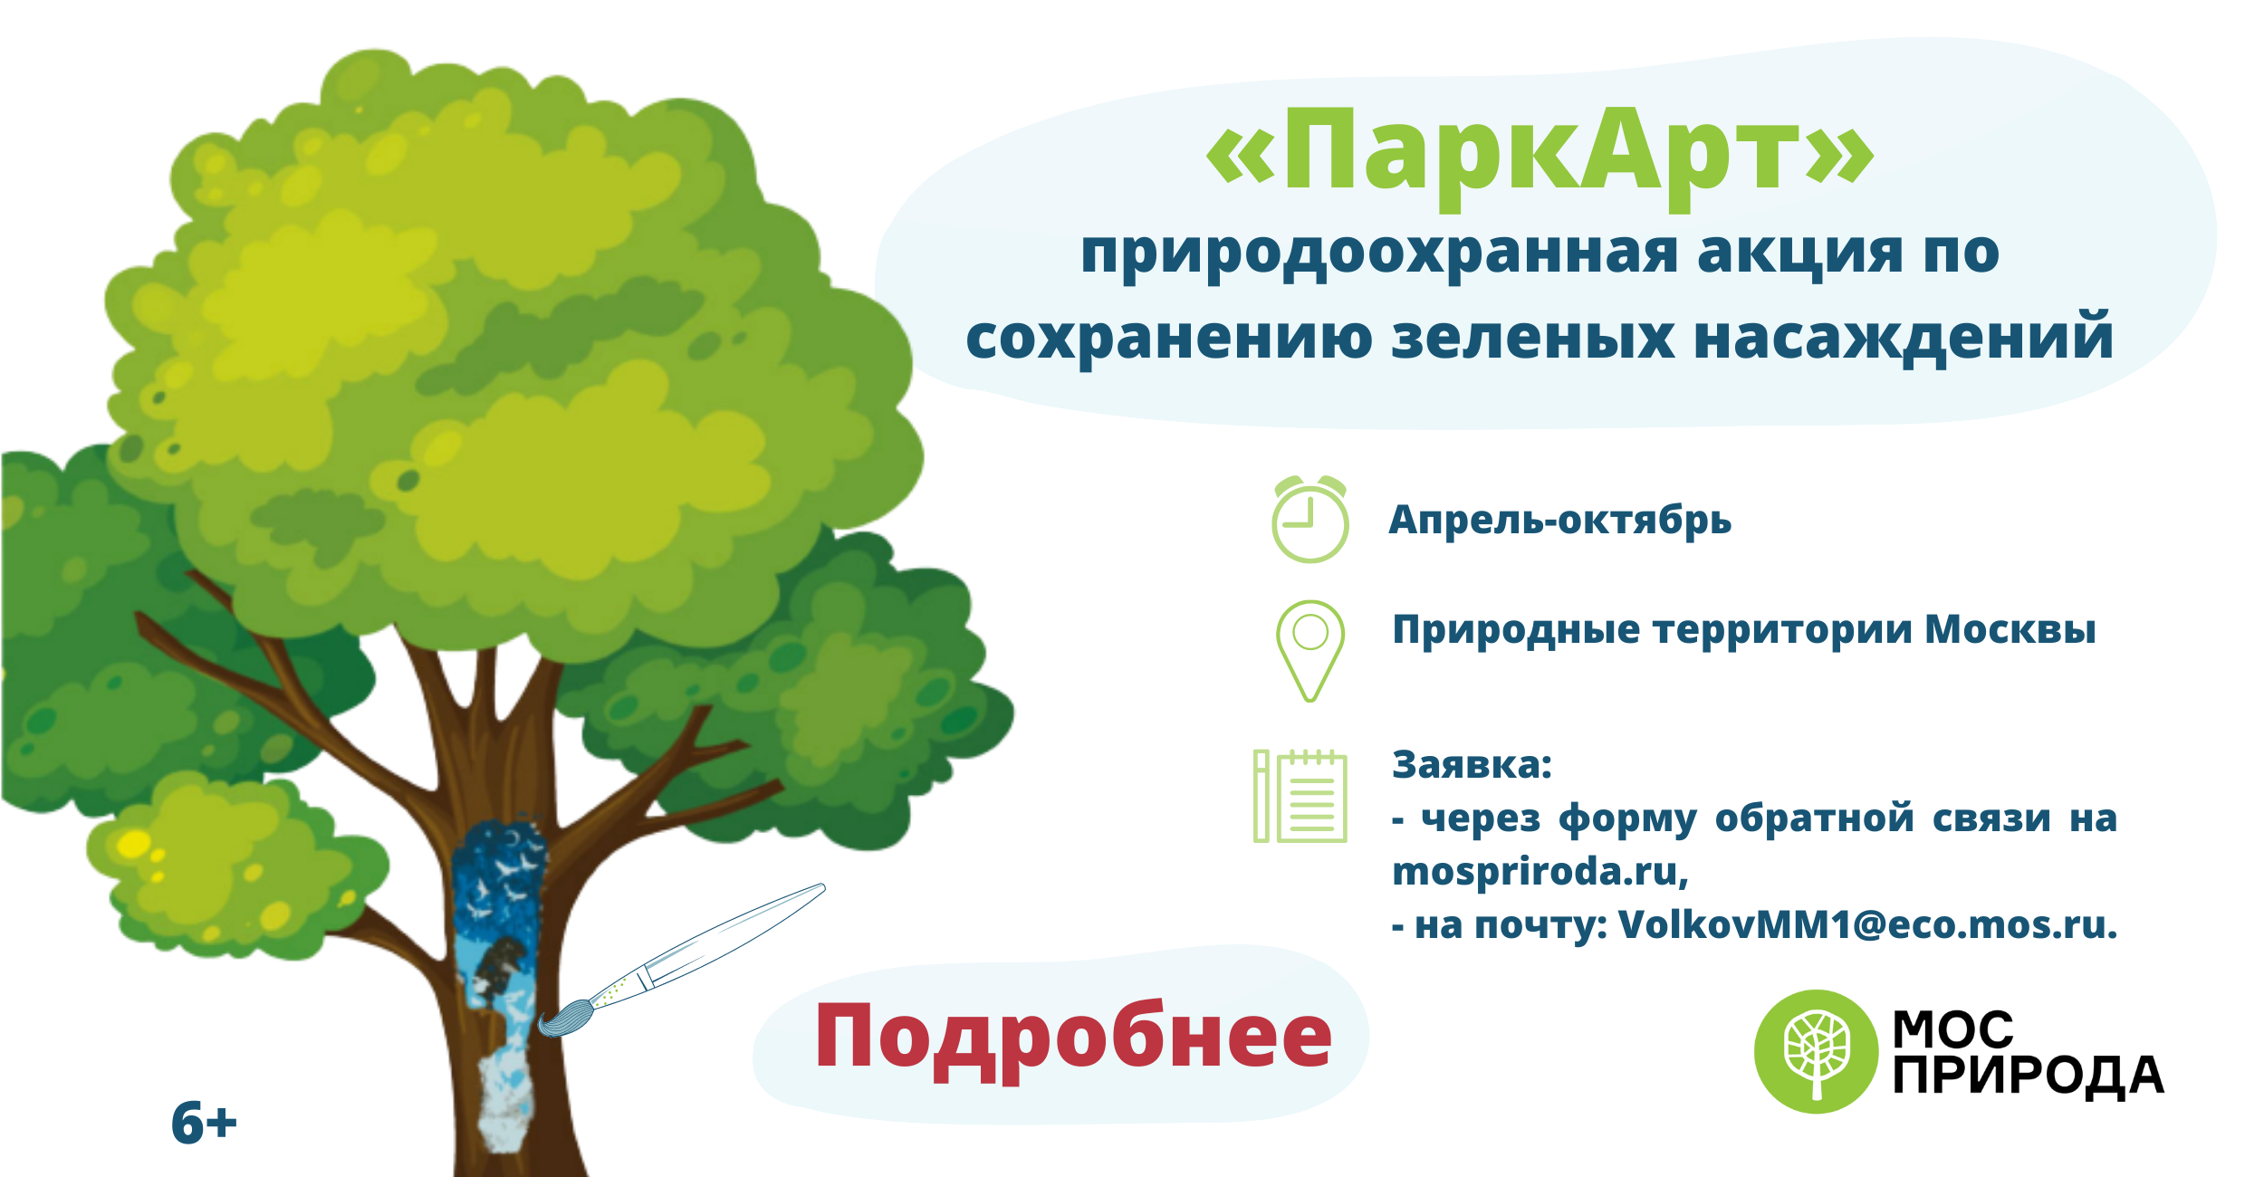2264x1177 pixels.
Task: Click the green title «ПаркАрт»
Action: pyautogui.click(x=1540, y=154)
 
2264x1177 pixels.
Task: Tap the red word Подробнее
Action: pyautogui.click(x=1074, y=1039)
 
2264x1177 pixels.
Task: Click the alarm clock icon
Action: pyautogui.click(x=1309, y=519)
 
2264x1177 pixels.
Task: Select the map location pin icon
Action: pyautogui.click(x=1310, y=651)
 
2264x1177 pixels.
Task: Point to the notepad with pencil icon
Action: pyautogui.click(x=1300, y=796)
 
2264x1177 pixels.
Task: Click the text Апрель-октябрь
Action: pyautogui.click(x=1560, y=520)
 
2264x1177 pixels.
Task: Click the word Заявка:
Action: pyautogui.click(x=1473, y=765)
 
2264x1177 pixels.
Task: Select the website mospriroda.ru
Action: pyautogui.click(x=1540, y=872)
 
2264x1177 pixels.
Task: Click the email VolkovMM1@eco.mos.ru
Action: pyautogui.click(x=1867, y=924)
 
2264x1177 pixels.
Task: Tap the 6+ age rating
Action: pyautogui.click(x=204, y=1123)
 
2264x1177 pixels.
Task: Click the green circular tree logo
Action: pyautogui.click(x=1817, y=1051)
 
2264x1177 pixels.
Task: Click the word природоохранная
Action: pyautogui.click(x=1380, y=254)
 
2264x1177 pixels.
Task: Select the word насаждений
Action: pyautogui.click(x=1904, y=337)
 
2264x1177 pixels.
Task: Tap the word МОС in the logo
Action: pyautogui.click(x=1953, y=1029)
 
